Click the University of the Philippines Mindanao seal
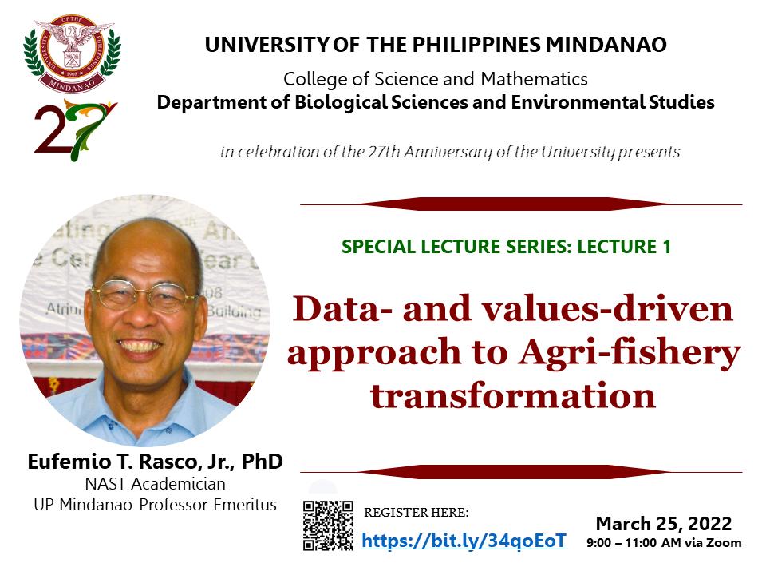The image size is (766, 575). pos(73,54)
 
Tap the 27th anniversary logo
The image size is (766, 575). pos(76,130)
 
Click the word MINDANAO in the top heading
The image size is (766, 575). pos(606,45)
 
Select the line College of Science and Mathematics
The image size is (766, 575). pos(436,79)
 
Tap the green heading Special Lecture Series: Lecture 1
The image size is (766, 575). pos(506,247)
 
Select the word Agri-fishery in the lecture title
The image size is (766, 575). pos(630,353)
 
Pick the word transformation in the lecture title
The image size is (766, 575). pos(513,395)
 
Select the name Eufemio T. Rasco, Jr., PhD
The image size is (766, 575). pos(155,461)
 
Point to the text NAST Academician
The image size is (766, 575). pos(156,484)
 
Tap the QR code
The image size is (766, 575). pos(328,525)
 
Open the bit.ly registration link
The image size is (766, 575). pos(464,541)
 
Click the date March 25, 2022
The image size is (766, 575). pos(663,524)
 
